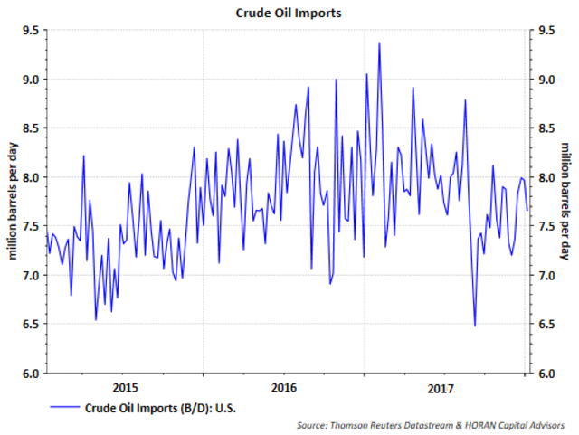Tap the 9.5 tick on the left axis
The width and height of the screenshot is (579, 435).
point(31,30)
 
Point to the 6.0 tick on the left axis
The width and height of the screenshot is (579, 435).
point(31,373)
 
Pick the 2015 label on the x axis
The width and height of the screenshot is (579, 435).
point(124,388)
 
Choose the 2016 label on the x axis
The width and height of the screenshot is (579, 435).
point(284,388)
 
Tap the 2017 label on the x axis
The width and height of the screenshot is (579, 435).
point(441,388)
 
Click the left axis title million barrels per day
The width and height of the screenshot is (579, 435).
point(12,201)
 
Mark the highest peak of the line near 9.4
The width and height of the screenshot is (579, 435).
point(379,43)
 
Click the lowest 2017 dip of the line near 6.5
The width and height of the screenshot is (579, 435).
point(475,326)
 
